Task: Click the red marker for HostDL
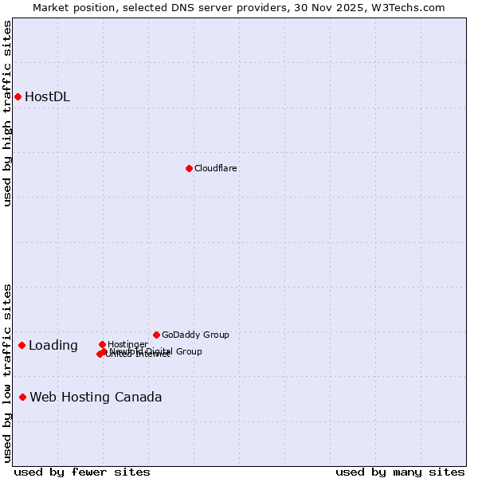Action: tap(18, 96)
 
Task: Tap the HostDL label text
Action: tap(47, 97)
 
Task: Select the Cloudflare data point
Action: tap(189, 168)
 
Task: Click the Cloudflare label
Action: tap(215, 168)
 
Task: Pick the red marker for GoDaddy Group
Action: tap(156, 335)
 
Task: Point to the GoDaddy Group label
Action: tap(195, 335)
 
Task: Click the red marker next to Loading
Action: tap(22, 345)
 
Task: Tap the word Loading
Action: tap(53, 346)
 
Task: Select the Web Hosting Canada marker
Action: tap(22, 397)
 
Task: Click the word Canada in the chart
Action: tap(138, 398)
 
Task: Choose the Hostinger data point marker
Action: tap(102, 344)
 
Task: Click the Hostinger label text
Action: tap(127, 344)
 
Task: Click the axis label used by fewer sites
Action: tap(82, 472)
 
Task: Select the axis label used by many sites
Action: tap(400, 472)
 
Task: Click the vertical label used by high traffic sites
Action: tap(7, 113)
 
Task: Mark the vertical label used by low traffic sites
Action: tap(7, 373)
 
